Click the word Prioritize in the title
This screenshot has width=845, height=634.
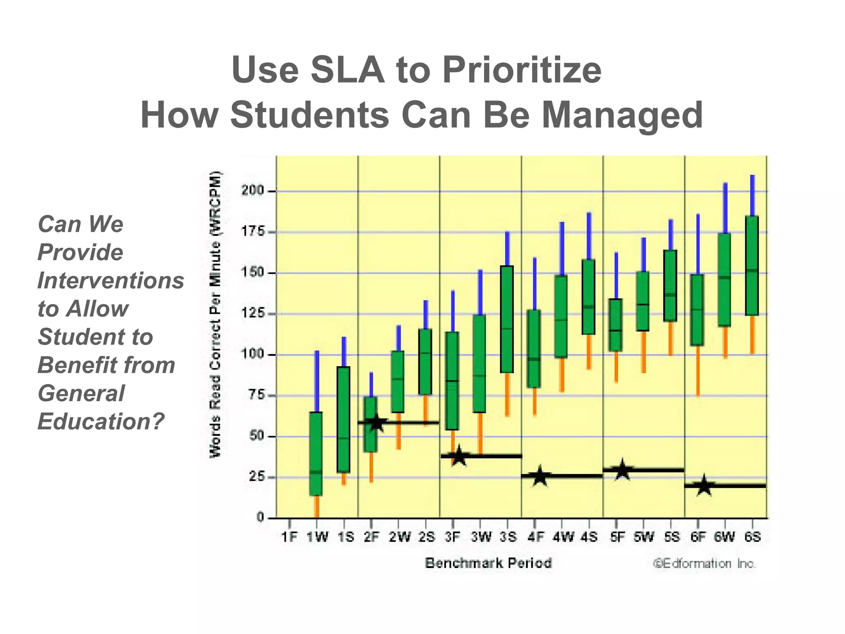coord(522,70)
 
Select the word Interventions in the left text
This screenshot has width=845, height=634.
coord(111,281)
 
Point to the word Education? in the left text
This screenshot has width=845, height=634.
coord(101,421)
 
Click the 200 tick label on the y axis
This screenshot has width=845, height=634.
coord(253,191)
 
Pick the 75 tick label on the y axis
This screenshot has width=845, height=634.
coord(257,395)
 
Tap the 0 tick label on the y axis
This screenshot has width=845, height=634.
coord(260,517)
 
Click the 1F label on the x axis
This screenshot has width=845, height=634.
coord(289,537)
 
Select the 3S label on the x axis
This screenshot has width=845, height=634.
coord(507,537)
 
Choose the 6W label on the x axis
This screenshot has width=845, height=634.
coord(725,537)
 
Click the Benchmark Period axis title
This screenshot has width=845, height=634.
coord(488,563)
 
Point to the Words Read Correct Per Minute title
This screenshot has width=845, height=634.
coord(216,314)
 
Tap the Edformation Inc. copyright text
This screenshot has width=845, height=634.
coord(704,564)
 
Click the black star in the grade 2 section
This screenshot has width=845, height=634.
coord(376,423)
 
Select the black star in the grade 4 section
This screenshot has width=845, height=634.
coord(540,476)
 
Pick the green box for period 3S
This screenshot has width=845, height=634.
coord(507,319)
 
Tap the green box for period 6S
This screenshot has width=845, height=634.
coord(752,265)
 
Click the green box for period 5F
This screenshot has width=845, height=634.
coord(616,325)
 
